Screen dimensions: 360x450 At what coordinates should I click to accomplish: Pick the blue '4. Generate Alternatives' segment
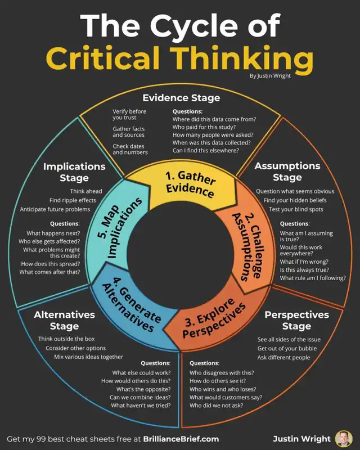tap(129, 307)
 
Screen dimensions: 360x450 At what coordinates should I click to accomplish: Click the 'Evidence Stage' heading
tap(182, 98)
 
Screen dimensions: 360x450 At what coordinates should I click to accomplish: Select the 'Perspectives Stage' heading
tap(296, 320)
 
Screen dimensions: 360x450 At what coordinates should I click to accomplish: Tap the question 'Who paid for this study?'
tap(204, 127)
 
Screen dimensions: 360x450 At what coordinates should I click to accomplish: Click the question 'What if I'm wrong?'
tap(304, 262)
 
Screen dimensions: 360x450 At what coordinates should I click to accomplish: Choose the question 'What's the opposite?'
tap(143, 389)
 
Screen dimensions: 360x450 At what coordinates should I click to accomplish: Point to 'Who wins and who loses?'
tap(223, 389)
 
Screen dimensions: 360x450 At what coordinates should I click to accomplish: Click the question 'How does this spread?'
tap(51, 264)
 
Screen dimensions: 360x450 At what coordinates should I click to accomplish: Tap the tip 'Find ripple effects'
tap(73, 200)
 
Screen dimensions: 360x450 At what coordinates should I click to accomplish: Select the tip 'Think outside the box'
tap(66, 339)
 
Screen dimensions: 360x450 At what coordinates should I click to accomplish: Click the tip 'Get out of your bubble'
tap(287, 348)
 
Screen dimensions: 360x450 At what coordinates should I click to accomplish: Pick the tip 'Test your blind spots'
tap(296, 209)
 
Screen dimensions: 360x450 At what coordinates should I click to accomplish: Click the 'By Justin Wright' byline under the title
tap(270, 76)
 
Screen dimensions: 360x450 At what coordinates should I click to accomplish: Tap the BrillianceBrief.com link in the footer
tap(181, 439)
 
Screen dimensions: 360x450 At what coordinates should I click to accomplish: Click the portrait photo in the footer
tap(344, 439)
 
